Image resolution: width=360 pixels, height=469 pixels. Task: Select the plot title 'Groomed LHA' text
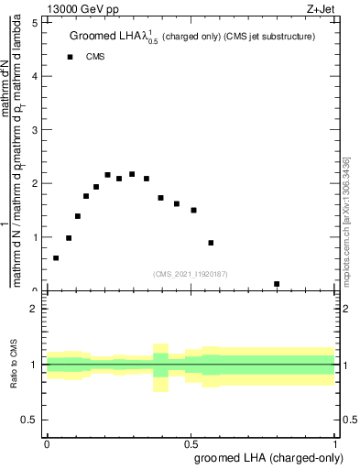click(104, 37)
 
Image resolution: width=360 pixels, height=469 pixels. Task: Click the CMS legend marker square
click(71, 57)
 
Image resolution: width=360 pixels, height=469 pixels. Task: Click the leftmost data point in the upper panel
click(56, 258)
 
